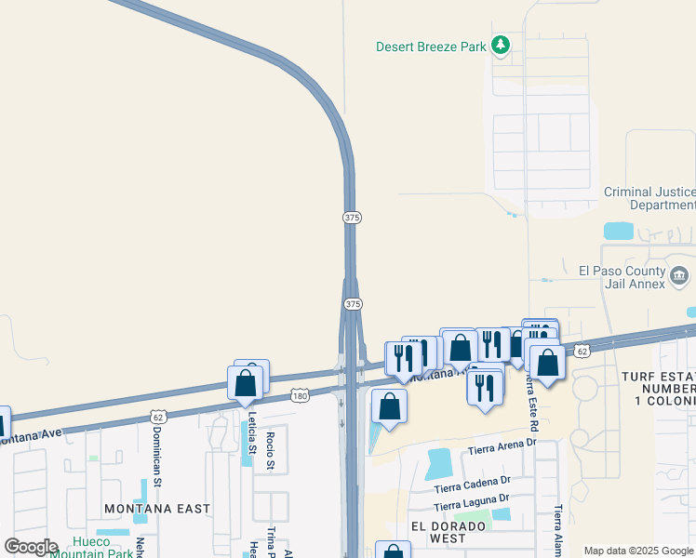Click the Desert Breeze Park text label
pyautogui.click(x=431, y=46)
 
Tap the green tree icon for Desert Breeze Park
pyautogui.click(x=501, y=45)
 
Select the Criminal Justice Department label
pyautogui.click(x=649, y=198)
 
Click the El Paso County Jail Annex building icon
pyautogui.click(x=679, y=276)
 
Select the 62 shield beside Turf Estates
pyautogui.click(x=582, y=352)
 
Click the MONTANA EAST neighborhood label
pyautogui.click(x=157, y=509)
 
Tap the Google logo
pyautogui.click(x=31, y=547)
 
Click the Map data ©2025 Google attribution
pyautogui.click(x=638, y=551)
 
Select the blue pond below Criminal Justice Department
pyautogui.click(x=619, y=231)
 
